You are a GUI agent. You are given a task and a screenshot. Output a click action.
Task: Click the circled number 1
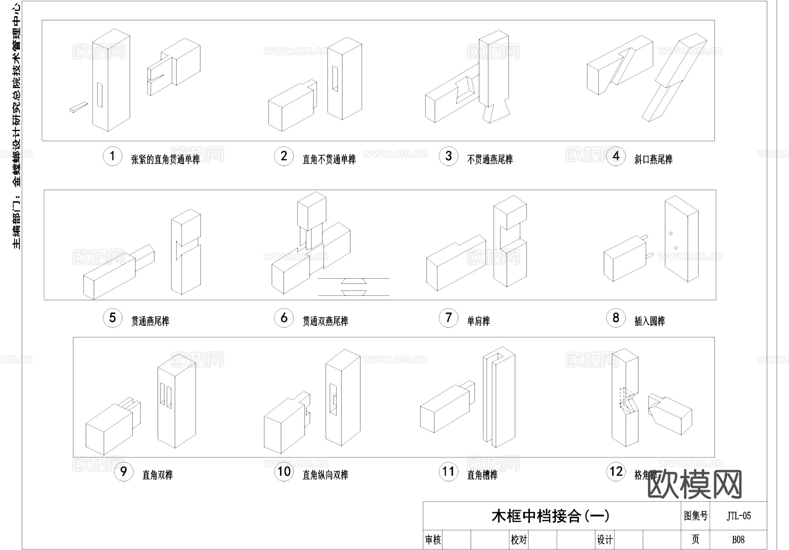pos(113,156)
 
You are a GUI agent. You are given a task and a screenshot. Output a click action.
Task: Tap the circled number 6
pos(284,318)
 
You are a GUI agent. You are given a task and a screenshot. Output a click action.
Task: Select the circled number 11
pos(448,472)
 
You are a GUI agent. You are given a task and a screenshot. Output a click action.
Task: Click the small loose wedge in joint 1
pos(79,107)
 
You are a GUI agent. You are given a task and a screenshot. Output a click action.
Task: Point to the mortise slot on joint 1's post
pos(100,95)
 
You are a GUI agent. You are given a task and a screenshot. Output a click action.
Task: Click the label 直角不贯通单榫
pos(329,160)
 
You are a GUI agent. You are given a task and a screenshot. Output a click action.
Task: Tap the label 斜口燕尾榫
pos(653,160)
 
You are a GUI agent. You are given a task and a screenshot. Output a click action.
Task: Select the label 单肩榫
pos(478,321)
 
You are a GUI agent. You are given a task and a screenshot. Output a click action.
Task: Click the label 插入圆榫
pos(650,321)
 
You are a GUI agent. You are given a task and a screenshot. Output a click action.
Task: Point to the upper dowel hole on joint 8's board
pos(671,233)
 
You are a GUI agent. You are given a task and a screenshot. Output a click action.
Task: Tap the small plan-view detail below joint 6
pos(354,287)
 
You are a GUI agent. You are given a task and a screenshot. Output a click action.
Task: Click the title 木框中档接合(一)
pos(550,516)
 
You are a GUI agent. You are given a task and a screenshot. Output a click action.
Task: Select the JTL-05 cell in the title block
pos(739,516)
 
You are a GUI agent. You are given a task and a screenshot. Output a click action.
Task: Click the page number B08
pos(739,539)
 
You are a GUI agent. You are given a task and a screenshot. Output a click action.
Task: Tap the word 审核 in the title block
pos(433,539)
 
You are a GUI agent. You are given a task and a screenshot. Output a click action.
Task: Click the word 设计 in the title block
pos(605,539)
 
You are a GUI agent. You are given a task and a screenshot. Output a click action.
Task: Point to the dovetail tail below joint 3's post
pos(496,113)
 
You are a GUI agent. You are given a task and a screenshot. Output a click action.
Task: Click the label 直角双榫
pos(157,475)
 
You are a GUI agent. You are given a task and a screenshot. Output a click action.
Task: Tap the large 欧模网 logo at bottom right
pos(694,484)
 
